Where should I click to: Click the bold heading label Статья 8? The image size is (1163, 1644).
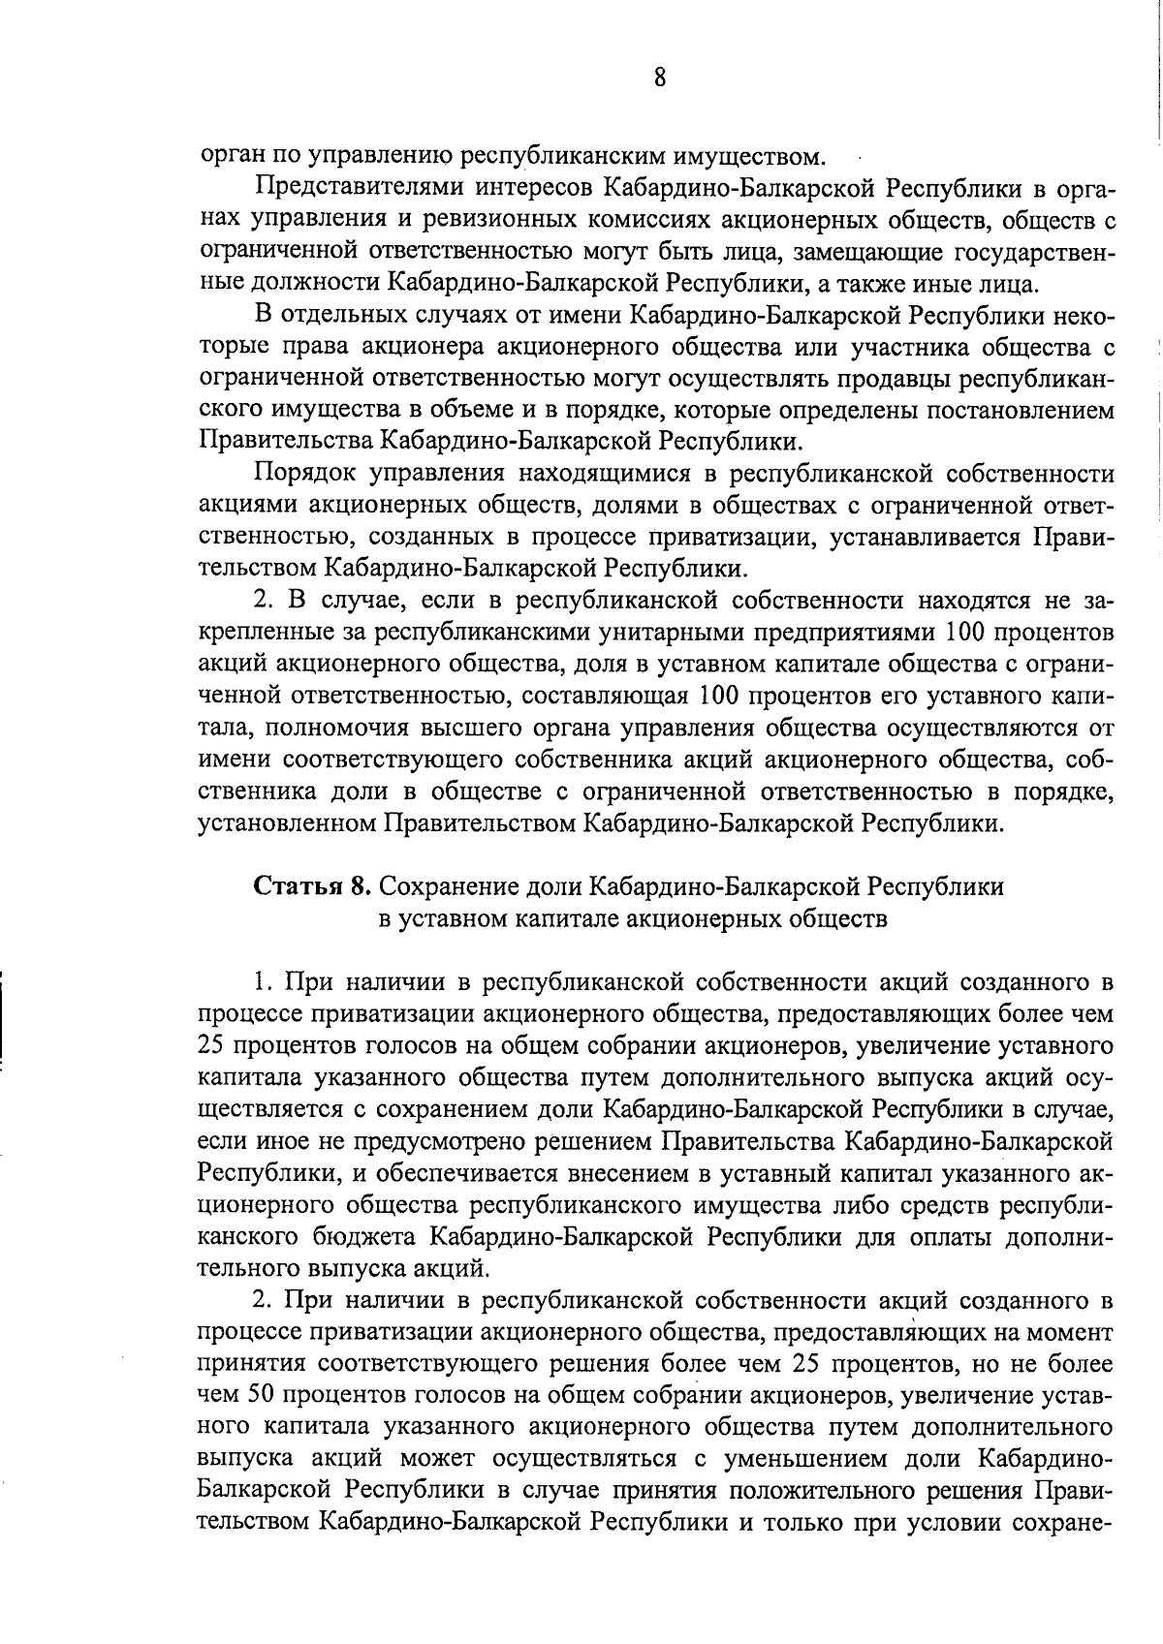(x=312, y=886)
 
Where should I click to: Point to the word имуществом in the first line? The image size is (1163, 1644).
(x=763, y=156)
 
